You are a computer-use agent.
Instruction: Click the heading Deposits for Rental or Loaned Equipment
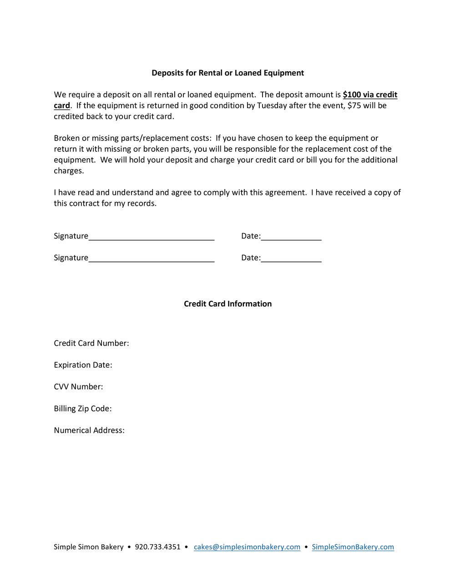pyautogui.click(x=227, y=73)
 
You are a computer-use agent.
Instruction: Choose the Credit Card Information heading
pyautogui.click(x=227, y=304)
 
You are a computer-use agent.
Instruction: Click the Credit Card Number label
pyautogui.click(x=91, y=343)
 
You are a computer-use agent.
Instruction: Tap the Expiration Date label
pyautogui.click(x=83, y=365)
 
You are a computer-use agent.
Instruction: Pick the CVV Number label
pyautogui.click(x=78, y=387)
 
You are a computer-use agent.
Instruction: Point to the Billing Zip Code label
pyautogui.click(x=82, y=409)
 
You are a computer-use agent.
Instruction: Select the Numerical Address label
pyautogui.click(x=89, y=430)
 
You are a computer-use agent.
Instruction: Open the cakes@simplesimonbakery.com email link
pyautogui.click(x=247, y=547)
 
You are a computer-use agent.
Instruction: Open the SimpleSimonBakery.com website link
pyautogui.click(x=353, y=547)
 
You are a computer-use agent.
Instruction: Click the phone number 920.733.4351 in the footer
pyautogui.click(x=157, y=547)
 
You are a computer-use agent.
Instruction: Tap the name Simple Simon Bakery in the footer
pyautogui.click(x=88, y=547)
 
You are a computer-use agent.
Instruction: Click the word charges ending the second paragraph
pyautogui.click(x=68, y=171)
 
